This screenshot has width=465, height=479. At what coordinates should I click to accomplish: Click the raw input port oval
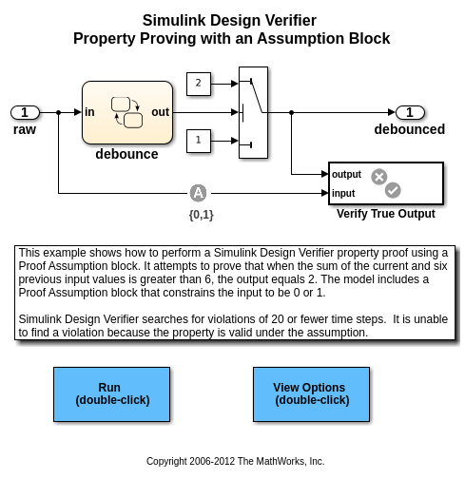(x=25, y=112)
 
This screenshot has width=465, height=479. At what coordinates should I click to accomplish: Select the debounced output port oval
(x=410, y=112)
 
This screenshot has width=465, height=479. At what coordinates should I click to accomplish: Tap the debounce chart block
(x=127, y=112)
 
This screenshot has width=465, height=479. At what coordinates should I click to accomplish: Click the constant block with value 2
(x=199, y=84)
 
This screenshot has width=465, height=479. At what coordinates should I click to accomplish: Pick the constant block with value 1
(x=199, y=141)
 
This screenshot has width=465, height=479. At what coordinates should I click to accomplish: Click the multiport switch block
(x=253, y=112)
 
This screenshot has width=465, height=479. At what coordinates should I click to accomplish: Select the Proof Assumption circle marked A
(x=198, y=193)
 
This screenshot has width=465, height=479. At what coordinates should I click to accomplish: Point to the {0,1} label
(x=202, y=215)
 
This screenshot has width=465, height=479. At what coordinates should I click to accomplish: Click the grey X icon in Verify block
(x=379, y=177)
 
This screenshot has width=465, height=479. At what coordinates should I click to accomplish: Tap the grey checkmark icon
(x=393, y=190)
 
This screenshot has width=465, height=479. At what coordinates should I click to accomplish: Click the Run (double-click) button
(x=111, y=394)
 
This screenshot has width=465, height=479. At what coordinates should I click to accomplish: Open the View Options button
(x=311, y=394)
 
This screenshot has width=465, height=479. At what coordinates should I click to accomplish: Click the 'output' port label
(x=346, y=174)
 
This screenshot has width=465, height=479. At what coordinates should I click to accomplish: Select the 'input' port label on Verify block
(x=343, y=193)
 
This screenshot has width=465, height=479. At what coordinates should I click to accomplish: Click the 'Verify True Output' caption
(x=386, y=214)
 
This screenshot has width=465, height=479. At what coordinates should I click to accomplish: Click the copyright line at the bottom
(x=235, y=461)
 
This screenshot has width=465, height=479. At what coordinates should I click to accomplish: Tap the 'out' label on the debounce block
(x=160, y=112)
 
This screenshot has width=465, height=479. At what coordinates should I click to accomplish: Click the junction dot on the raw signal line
(x=58, y=112)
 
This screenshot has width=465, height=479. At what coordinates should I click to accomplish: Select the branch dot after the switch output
(x=292, y=112)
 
